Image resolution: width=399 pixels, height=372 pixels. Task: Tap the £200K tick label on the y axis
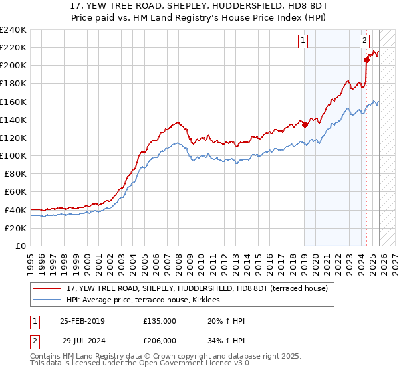pos(13,66)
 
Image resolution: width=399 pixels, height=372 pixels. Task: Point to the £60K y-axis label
pos(15,192)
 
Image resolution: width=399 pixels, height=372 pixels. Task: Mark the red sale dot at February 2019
pos(305,124)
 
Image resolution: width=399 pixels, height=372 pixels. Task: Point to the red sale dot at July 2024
pos(366,60)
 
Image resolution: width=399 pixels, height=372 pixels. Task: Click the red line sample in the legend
pos(48,289)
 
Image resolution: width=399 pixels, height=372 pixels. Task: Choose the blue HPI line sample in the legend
pos(48,300)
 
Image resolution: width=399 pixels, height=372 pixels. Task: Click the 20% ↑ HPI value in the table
pos(226,321)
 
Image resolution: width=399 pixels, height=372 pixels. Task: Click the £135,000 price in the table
pos(160,321)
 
